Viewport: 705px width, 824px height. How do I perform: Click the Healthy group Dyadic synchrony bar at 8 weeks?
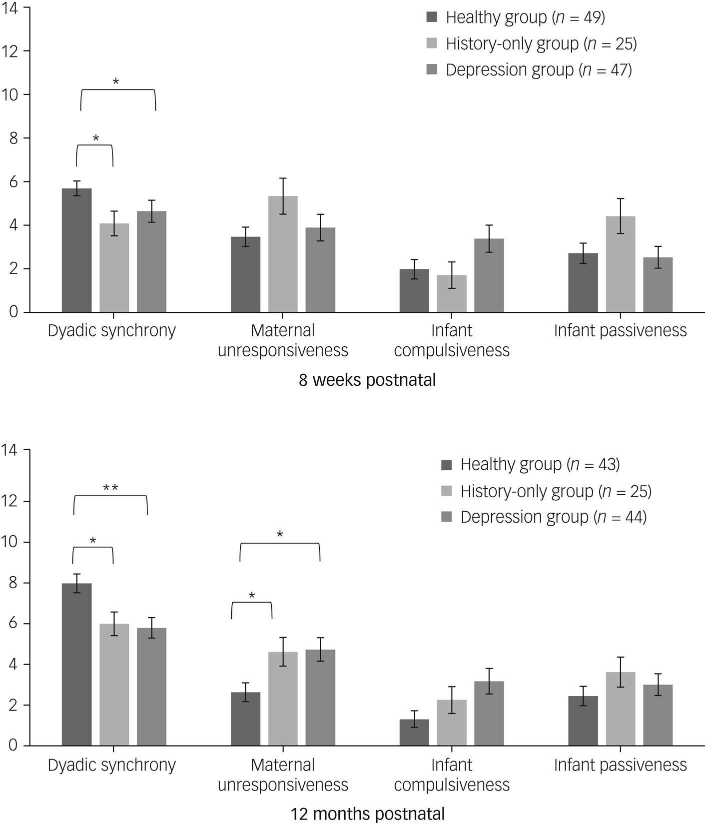pos(76,250)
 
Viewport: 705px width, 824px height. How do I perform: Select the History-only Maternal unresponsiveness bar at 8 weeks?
pos(283,254)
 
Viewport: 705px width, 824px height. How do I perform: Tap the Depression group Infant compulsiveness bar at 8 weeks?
pos(489,275)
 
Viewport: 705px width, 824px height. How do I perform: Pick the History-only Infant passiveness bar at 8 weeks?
pos(621,264)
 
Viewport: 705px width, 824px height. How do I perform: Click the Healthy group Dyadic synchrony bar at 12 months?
pos(76,665)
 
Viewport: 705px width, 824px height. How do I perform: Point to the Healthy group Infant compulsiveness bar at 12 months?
pos(414,733)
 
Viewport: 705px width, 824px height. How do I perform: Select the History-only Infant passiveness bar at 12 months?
pos(621,709)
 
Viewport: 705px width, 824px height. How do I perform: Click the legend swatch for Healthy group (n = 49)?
pos(432,18)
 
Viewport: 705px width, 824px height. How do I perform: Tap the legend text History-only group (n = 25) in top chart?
pos(541,44)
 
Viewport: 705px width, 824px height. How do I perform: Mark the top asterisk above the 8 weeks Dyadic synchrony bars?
pos(116,81)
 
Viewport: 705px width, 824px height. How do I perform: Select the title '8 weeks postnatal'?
pos(367,380)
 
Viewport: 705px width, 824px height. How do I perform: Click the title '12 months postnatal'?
pos(367,814)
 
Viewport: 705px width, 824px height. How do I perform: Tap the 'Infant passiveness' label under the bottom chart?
pos(620,765)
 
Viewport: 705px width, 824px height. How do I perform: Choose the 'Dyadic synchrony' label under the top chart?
pos(112,331)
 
